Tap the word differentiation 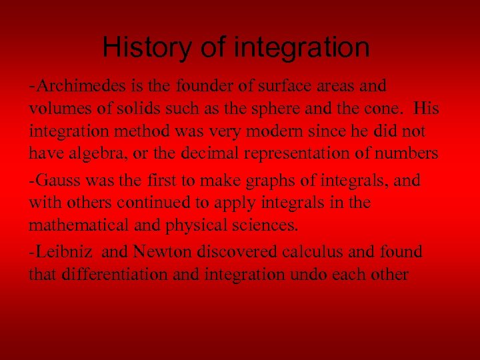point(113,274)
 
